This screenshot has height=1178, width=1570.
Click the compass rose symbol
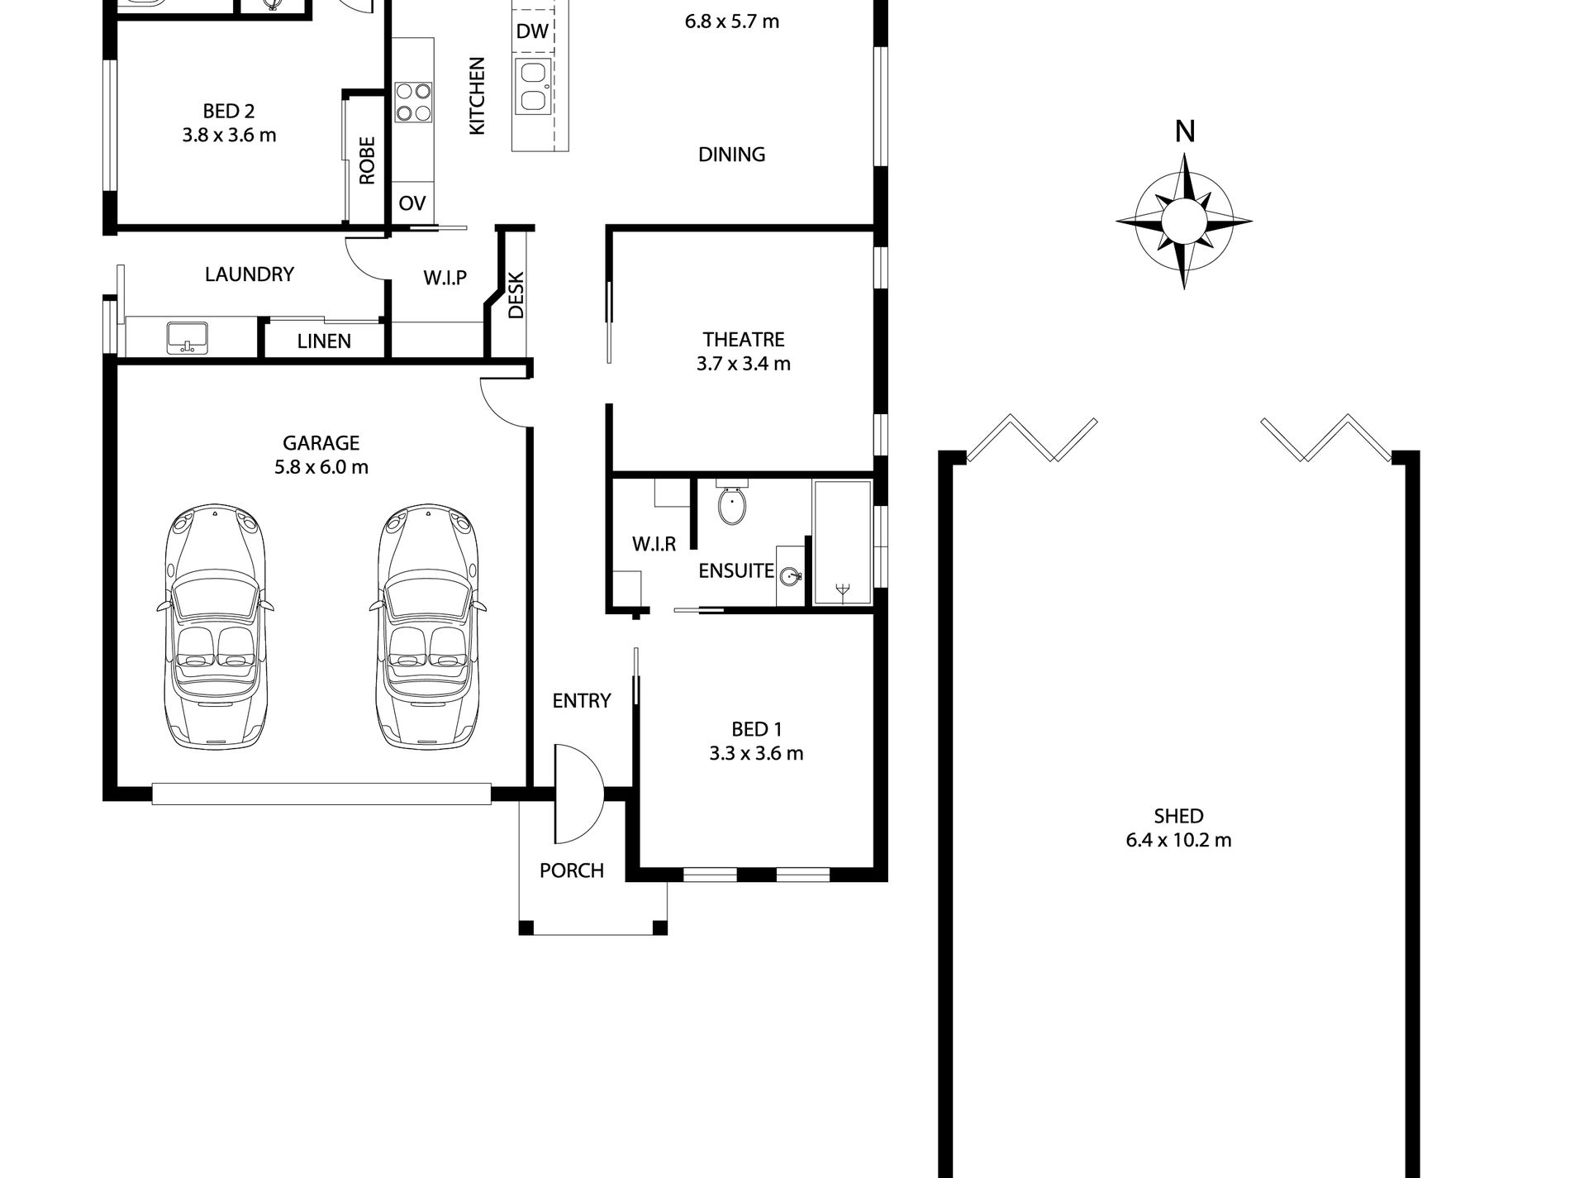pos(1184,221)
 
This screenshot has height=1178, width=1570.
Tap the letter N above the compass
pos(1185,132)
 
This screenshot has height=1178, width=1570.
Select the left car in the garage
pos(216,627)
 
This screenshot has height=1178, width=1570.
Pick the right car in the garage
pos(428,627)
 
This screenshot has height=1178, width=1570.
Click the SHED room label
pos(1178,817)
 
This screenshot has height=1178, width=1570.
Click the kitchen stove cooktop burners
pos(413,102)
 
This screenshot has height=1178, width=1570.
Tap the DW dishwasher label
pos(532,31)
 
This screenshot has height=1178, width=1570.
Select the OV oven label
pos(412,203)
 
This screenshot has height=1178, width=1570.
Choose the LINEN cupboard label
pos(324,341)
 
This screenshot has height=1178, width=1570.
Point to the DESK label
pos(516,295)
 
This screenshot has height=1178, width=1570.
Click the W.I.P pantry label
pos(445,278)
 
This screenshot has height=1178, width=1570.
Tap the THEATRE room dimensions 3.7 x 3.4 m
pos(744,364)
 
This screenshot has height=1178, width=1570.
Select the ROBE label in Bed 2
pos(367,160)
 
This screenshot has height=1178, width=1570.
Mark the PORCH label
pos(572,870)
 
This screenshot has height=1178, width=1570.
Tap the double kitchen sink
pos(534,86)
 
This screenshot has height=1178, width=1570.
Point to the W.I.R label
pos(654,544)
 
